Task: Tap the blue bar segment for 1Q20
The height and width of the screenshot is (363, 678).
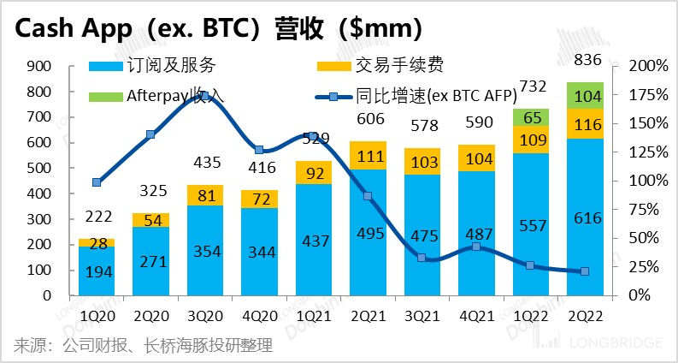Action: pos(97,271)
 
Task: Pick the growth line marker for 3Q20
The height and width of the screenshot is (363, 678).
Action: pos(205,95)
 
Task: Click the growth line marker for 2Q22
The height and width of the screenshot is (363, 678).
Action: pos(586,271)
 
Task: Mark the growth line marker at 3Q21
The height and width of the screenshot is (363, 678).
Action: pos(423,257)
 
